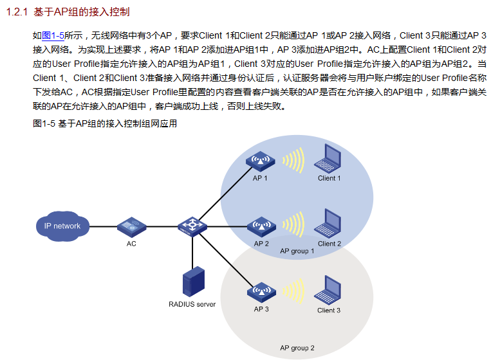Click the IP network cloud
62,226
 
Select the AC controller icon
131,226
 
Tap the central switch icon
191,226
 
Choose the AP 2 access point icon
261,226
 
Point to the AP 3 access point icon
261,291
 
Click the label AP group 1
297,251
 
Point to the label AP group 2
297,348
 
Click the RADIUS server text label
192,304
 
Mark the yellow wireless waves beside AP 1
293,159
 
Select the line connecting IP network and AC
103,226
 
